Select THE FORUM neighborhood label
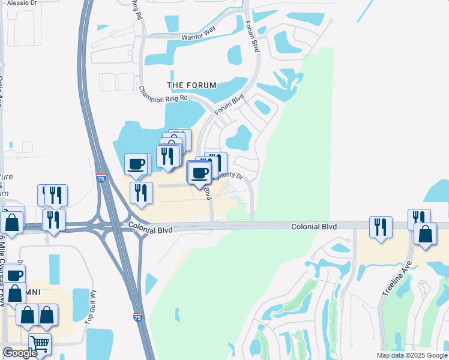(x=191, y=85)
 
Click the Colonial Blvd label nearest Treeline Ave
(x=313, y=227)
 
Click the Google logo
(x=20, y=353)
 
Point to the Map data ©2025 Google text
(x=412, y=355)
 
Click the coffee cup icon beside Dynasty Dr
(x=200, y=173)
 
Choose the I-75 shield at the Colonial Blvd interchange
(x=101, y=178)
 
